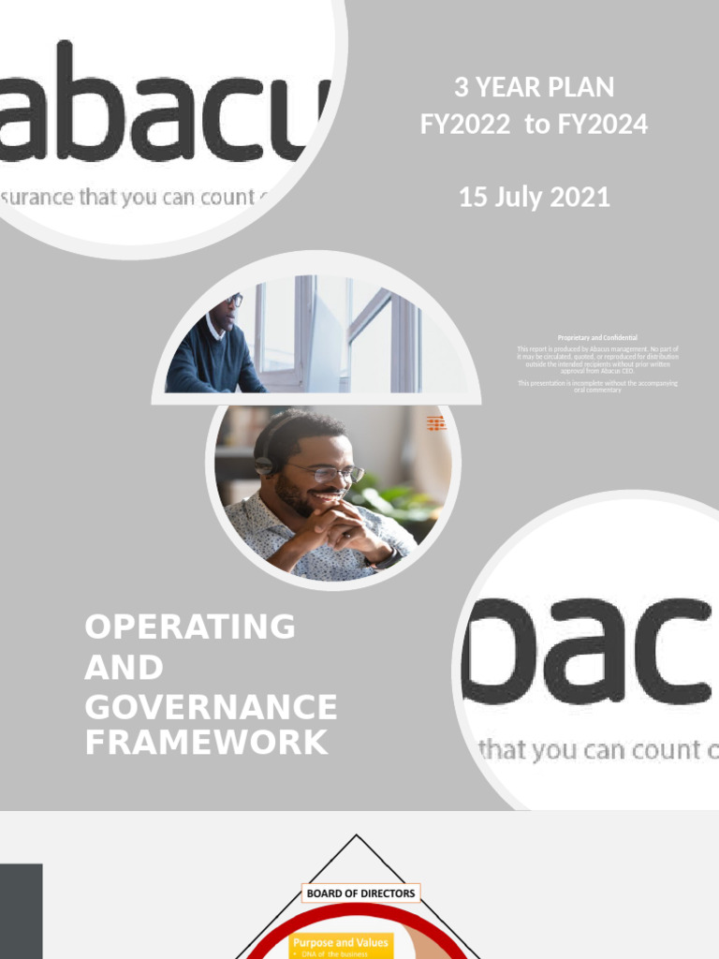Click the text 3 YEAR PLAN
click(534, 88)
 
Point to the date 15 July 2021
click(534, 198)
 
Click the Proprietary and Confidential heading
click(597, 337)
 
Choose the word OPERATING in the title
click(190, 627)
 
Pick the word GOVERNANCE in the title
click(211, 707)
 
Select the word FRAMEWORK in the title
click(207, 743)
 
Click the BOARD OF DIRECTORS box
click(360, 893)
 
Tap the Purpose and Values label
click(341, 942)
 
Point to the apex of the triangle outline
click(356, 836)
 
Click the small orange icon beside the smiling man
click(436, 424)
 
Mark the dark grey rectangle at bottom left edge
click(21, 910)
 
